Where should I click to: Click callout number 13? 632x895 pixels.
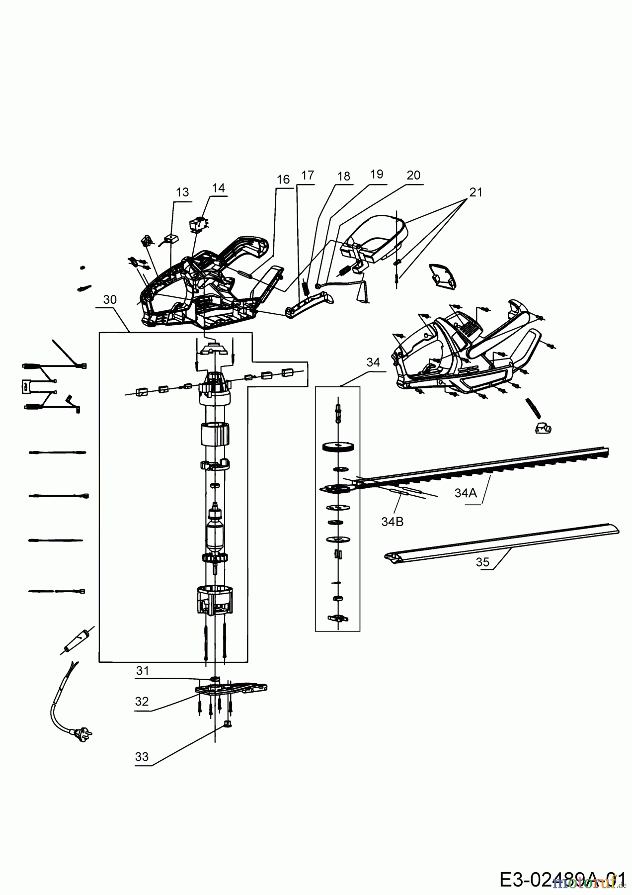click(x=182, y=192)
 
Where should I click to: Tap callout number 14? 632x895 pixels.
click(x=218, y=188)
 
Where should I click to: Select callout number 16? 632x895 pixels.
click(x=283, y=179)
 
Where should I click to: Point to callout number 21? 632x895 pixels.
click(x=475, y=192)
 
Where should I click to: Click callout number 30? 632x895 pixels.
click(x=110, y=299)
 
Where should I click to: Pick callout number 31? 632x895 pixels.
click(x=143, y=671)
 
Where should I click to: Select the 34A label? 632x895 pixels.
click(x=466, y=493)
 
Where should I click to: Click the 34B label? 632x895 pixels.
click(x=393, y=522)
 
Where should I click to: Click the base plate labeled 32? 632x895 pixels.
click(x=232, y=689)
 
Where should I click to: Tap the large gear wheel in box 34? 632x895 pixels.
click(x=337, y=447)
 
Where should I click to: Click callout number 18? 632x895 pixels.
click(x=343, y=176)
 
